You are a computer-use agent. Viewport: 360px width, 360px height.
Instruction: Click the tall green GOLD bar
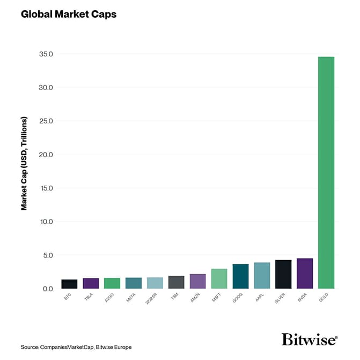coord(326,172)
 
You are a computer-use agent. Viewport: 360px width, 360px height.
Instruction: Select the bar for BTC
coord(69,284)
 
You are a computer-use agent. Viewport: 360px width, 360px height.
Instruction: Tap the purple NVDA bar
coord(305,274)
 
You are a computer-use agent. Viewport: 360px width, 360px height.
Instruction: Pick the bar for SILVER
coord(283,274)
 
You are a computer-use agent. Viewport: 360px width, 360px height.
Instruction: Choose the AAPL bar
coord(262,276)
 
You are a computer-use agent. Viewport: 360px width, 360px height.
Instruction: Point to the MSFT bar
coord(219,279)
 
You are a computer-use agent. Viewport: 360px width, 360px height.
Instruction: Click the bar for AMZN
coord(197,282)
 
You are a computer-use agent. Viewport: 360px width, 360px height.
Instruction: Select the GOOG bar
coord(240,276)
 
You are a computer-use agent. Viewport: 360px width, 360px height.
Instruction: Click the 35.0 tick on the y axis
coord(46,54)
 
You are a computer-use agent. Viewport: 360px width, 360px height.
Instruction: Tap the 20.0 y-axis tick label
coord(46,155)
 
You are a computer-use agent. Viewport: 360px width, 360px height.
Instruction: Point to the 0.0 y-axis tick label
coord(48,289)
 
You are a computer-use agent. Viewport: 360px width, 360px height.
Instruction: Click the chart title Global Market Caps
coord(68,14)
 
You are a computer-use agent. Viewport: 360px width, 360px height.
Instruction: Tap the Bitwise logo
coord(310,340)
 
